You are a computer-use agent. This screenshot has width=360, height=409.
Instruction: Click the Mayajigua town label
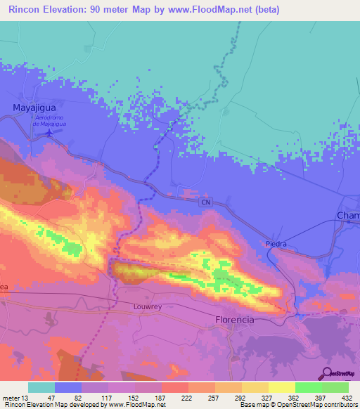coord(34,108)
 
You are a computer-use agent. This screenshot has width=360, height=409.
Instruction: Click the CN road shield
coord(205,202)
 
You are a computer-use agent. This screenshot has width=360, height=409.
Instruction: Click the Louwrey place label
coord(148,307)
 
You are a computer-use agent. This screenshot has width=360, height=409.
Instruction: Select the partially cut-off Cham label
coord(348,216)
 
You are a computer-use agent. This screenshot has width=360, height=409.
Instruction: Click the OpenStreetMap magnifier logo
coord(326,374)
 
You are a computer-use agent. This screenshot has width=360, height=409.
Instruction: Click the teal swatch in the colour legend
coord(41,387)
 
